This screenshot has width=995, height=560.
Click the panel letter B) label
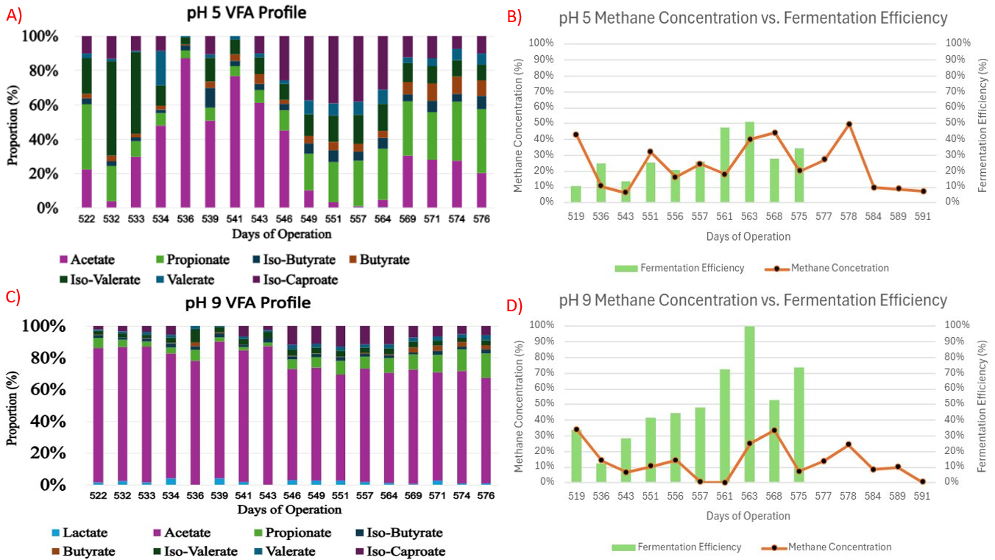click(516, 15)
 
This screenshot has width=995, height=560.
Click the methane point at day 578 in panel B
click(849, 124)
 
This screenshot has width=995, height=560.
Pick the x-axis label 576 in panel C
click(486, 497)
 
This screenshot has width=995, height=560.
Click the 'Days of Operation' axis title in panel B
click(748, 237)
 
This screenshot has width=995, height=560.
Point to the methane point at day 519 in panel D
click(576, 429)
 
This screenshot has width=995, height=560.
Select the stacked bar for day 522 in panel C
click(99, 405)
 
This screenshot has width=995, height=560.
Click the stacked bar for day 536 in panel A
click(186, 122)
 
